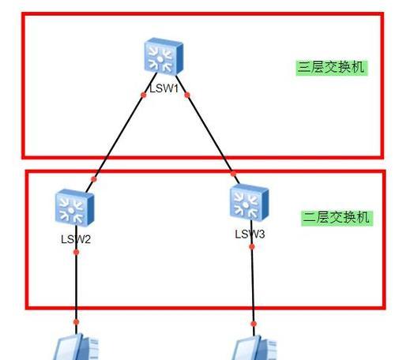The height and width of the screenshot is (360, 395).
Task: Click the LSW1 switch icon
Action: (164, 56)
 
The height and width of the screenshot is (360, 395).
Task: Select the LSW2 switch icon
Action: (74, 208)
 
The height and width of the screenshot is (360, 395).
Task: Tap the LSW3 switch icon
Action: (249, 202)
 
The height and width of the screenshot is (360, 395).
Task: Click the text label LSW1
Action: (164, 88)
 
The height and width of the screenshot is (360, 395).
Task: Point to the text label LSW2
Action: (76, 239)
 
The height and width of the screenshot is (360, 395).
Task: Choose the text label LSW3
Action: (250, 234)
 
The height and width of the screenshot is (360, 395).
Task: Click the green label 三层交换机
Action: (332, 68)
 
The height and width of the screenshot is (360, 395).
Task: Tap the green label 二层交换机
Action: (337, 218)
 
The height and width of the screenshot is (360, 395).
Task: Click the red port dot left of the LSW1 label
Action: (144, 95)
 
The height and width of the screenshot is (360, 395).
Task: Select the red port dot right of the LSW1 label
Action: (187, 95)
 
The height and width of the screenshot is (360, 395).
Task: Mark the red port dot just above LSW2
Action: (94, 179)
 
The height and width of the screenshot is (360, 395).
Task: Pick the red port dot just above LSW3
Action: (233, 174)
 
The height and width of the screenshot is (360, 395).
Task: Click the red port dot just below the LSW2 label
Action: (76, 253)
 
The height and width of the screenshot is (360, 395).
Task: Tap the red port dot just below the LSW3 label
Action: (252, 246)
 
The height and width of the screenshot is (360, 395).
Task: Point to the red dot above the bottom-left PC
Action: (76, 322)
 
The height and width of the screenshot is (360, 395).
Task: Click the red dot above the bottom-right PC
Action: (254, 324)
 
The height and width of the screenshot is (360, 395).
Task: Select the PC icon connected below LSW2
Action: (77, 347)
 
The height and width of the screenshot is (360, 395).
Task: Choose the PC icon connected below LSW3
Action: (255, 348)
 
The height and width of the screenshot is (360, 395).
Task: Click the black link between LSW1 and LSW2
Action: (122, 133)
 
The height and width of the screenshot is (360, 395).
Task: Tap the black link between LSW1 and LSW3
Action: (208, 129)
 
